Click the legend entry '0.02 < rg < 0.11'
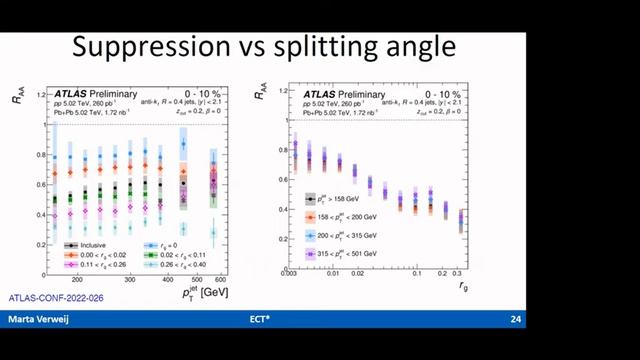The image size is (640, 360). click(x=185, y=255)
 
